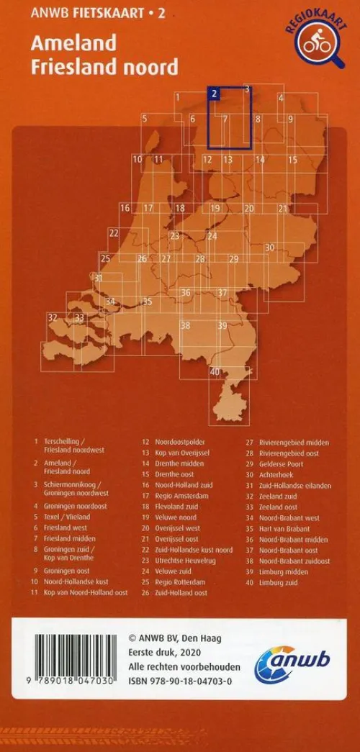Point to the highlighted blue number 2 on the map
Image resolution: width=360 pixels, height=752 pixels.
click(x=215, y=93)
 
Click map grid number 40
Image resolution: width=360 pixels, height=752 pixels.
click(x=215, y=371)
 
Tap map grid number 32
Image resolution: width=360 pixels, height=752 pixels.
click(x=52, y=317)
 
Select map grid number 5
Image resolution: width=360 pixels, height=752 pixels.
click(x=145, y=118)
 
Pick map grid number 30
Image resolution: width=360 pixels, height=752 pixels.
click(x=270, y=248)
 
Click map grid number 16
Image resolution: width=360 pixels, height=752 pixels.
click(x=125, y=208)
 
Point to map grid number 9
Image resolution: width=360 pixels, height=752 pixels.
click(x=291, y=119)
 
